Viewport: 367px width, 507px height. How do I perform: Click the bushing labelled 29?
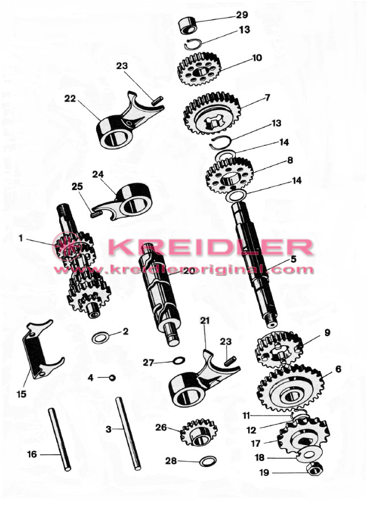pos(188,26)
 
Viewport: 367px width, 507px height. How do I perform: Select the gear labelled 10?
pos(199,69)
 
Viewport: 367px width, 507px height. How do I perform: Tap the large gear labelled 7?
pos(212,113)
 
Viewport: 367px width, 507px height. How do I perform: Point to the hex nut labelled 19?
pos(314,468)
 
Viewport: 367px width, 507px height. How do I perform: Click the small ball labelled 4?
pos(112,378)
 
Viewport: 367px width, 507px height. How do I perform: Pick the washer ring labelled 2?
pos(101,338)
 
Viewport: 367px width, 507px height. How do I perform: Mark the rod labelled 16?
pos(60,439)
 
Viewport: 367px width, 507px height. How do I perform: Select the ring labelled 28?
pos(208,461)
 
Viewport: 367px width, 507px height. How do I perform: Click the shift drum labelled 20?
pos(159,294)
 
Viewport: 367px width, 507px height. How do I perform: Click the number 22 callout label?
pos(70,99)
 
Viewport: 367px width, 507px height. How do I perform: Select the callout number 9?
pos(327,333)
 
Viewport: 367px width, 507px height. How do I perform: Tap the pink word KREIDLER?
pos(211,248)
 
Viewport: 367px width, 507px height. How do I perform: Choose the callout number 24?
pos(98,174)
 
